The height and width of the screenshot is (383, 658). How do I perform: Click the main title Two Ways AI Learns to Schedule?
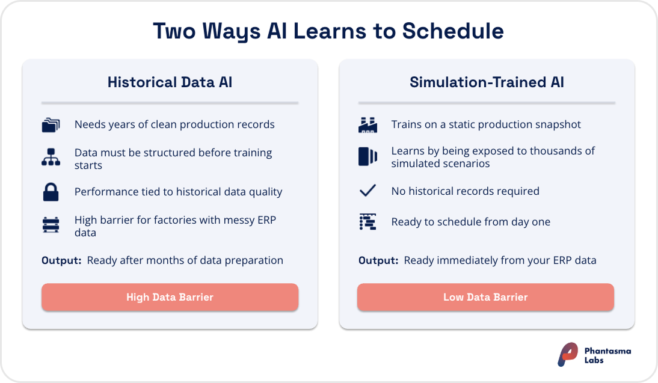coord(328,31)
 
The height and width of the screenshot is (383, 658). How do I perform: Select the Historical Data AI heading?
coord(170,82)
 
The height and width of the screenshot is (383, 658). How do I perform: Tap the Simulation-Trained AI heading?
coord(487,82)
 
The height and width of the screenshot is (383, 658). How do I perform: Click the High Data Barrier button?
coord(170,297)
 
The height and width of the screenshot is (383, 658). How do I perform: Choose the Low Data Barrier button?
coord(485,297)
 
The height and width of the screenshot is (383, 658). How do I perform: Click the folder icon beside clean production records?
coord(51,125)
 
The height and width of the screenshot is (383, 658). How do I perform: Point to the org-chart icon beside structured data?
coord(51,158)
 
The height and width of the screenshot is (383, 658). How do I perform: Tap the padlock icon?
coord(51,192)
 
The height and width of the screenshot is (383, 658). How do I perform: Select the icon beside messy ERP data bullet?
coord(51,225)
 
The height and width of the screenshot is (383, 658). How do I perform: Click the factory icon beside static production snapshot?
coord(367,125)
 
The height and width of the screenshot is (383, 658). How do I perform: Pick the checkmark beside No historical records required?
coord(367,191)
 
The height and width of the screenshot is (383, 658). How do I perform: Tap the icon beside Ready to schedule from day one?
coord(367,222)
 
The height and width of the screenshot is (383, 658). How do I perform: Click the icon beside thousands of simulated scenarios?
coord(367,157)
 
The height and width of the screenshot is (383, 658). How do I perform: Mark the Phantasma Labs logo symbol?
coord(568,355)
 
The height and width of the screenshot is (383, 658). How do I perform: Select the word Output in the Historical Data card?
coord(61,260)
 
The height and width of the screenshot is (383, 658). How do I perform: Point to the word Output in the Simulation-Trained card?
coord(378,260)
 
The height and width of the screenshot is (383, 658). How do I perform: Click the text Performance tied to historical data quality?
coord(178,192)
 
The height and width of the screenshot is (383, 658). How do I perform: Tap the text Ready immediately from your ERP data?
coord(500,260)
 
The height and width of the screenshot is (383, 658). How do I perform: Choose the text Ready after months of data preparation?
coord(185,260)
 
